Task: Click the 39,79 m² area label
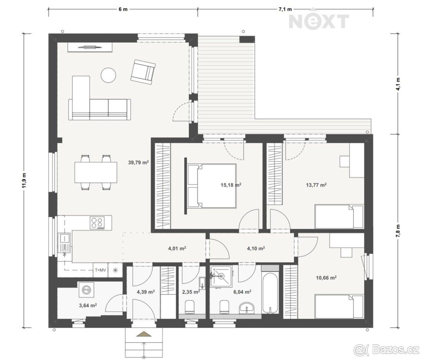pyautogui.click(x=138, y=162)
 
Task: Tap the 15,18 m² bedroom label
pyautogui.click(x=231, y=185)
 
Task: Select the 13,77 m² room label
pyautogui.click(x=316, y=185)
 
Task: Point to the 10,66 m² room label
pyautogui.click(x=326, y=278)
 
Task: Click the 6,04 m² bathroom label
pyautogui.click(x=242, y=292)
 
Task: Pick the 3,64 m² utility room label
pyautogui.click(x=88, y=305)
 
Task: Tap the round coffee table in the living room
pyautogui.click(x=109, y=75)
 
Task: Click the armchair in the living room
pyautogui.click(x=143, y=72)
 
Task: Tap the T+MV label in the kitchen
pyautogui.click(x=100, y=270)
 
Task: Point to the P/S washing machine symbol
pyautogui.click(x=86, y=290)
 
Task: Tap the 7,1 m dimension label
pyautogui.click(x=285, y=10)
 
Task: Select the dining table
pyautogui.click(x=96, y=172)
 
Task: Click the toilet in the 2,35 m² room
pyautogui.click(x=189, y=307)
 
